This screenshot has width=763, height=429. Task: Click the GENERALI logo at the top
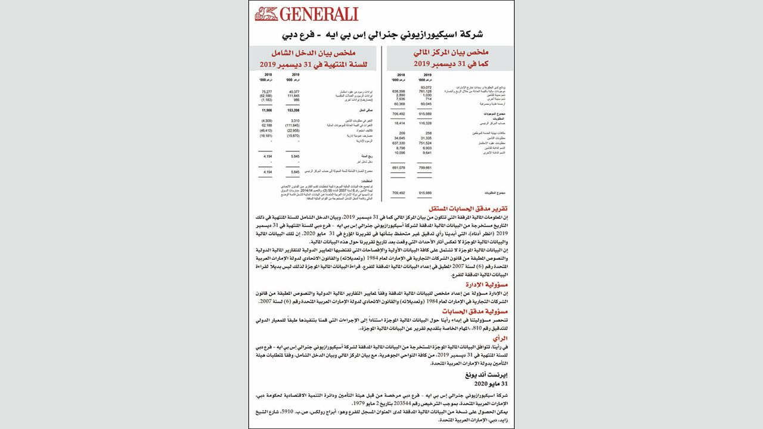tap(306, 14)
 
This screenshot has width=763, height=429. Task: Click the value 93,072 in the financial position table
tap(425, 88)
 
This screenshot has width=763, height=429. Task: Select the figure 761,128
tap(424, 92)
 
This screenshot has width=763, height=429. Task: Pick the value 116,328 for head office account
tap(424, 123)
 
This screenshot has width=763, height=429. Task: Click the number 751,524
tap(424, 143)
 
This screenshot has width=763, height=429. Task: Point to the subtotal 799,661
tap(424, 168)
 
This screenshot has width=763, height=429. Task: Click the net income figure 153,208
tap(293, 111)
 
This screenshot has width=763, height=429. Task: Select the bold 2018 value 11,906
tap(266, 111)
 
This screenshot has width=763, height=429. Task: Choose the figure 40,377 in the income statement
tap(293, 92)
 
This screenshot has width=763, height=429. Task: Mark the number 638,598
tap(398, 92)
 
